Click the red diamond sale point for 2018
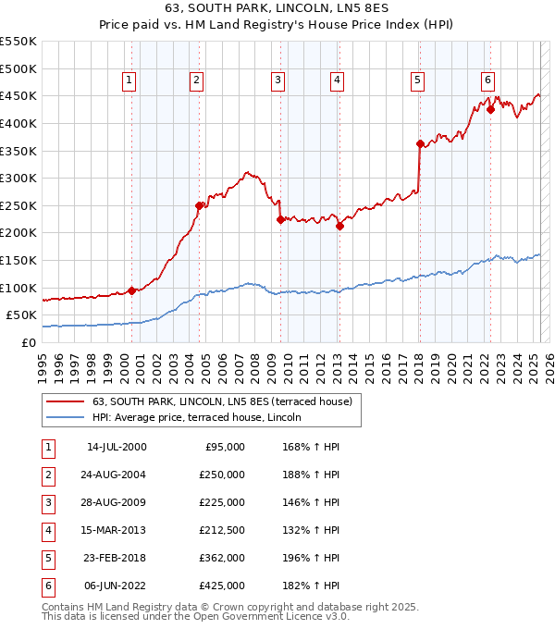click(x=420, y=143)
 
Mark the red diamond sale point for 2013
click(x=339, y=226)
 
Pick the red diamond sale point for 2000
click(x=132, y=290)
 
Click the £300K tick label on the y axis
click(x=18, y=178)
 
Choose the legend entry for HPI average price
click(x=203, y=417)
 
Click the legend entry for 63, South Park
click(x=222, y=401)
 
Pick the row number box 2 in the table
click(x=46, y=475)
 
